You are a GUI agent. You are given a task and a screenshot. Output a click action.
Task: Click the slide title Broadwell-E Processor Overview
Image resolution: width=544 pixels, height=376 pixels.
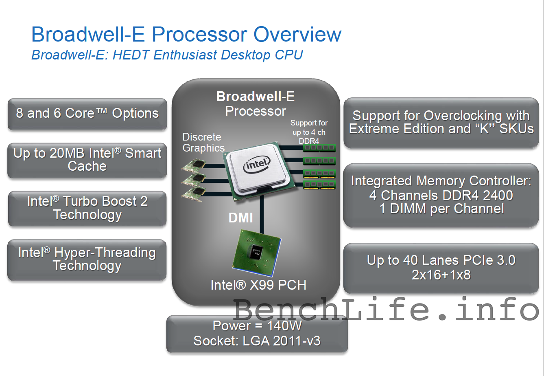click(x=186, y=34)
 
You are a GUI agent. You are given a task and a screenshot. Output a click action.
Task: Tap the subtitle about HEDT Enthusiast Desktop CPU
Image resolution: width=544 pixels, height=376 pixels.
click(x=167, y=55)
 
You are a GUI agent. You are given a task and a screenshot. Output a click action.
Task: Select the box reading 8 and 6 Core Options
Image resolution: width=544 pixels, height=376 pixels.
click(x=87, y=114)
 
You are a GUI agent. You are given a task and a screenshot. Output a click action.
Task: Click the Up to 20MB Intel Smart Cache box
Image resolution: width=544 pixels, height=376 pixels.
click(x=87, y=160)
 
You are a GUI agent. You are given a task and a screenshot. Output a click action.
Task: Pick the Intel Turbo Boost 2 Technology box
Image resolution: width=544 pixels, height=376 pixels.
click(x=87, y=208)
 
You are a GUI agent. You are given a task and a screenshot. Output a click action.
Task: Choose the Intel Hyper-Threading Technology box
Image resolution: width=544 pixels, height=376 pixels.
click(x=87, y=259)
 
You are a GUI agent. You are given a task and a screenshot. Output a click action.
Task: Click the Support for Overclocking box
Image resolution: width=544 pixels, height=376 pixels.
click(x=441, y=122)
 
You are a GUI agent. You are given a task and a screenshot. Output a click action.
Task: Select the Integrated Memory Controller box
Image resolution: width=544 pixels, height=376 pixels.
click(x=441, y=195)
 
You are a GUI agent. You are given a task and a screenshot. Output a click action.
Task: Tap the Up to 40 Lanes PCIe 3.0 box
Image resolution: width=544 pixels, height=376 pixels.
click(x=441, y=267)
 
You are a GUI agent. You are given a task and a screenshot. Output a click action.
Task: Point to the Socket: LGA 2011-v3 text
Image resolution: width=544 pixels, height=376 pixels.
click(x=257, y=341)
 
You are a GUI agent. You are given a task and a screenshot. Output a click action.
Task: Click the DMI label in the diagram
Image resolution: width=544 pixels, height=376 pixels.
click(x=241, y=218)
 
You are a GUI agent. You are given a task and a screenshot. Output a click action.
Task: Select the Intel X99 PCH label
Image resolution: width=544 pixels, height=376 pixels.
click(x=258, y=285)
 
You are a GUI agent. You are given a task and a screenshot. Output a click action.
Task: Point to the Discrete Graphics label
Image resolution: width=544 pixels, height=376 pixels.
click(x=203, y=143)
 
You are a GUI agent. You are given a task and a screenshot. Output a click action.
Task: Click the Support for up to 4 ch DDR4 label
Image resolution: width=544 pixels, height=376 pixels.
click(x=309, y=132)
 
